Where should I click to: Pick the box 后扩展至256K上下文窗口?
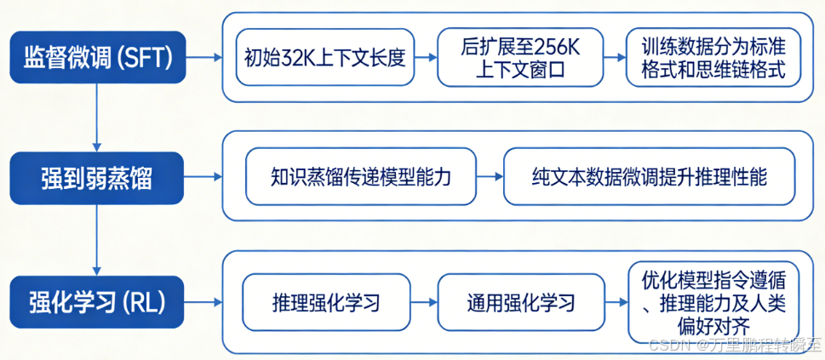tap(519, 58)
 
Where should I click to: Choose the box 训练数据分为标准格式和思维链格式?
tap(713, 58)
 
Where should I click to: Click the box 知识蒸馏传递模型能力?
tap(361, 177)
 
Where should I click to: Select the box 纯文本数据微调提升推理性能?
tap(649, 177)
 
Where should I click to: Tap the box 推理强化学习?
tap(327, 302)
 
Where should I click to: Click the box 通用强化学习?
tap(520, 302)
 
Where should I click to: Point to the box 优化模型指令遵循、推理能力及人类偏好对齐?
tap(713, 302)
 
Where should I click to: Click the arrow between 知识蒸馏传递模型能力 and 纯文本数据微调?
tap(490, 177)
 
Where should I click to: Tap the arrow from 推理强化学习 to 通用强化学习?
tap(426, 302)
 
